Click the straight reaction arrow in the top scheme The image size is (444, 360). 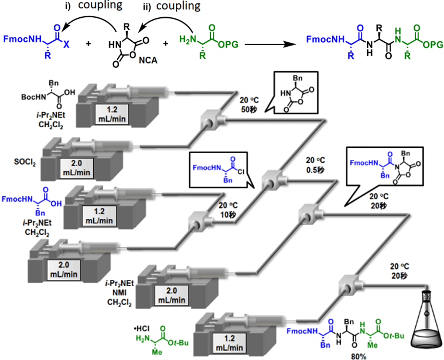(x=273, y=44)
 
